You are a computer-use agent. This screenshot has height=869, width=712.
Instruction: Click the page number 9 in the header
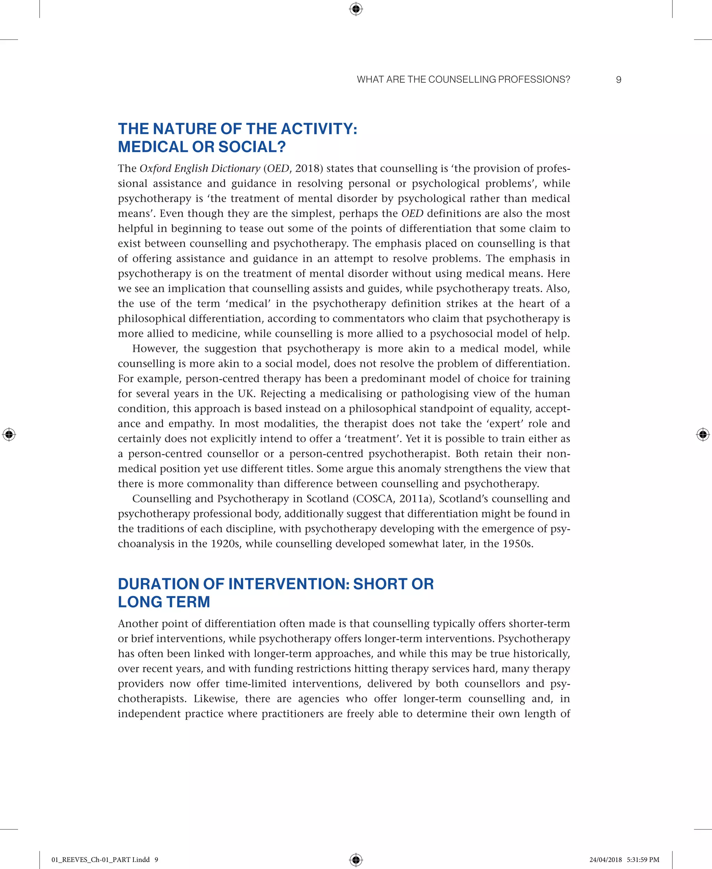point(618,80)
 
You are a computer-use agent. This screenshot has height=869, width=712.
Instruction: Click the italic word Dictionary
point(235,169)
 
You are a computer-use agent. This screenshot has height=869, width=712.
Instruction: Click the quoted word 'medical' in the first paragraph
point(248,304)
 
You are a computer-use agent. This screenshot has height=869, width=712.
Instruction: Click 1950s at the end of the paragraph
point(518,544)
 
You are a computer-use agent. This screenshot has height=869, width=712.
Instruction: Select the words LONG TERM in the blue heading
point(164,602)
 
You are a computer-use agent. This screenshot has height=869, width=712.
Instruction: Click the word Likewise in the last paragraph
point(216,699)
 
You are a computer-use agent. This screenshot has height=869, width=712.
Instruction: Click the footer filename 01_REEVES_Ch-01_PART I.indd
point(100,860)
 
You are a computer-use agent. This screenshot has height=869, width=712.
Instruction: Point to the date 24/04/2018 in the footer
point(605,860)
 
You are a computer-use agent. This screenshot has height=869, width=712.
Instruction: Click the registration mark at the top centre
point(356,9)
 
